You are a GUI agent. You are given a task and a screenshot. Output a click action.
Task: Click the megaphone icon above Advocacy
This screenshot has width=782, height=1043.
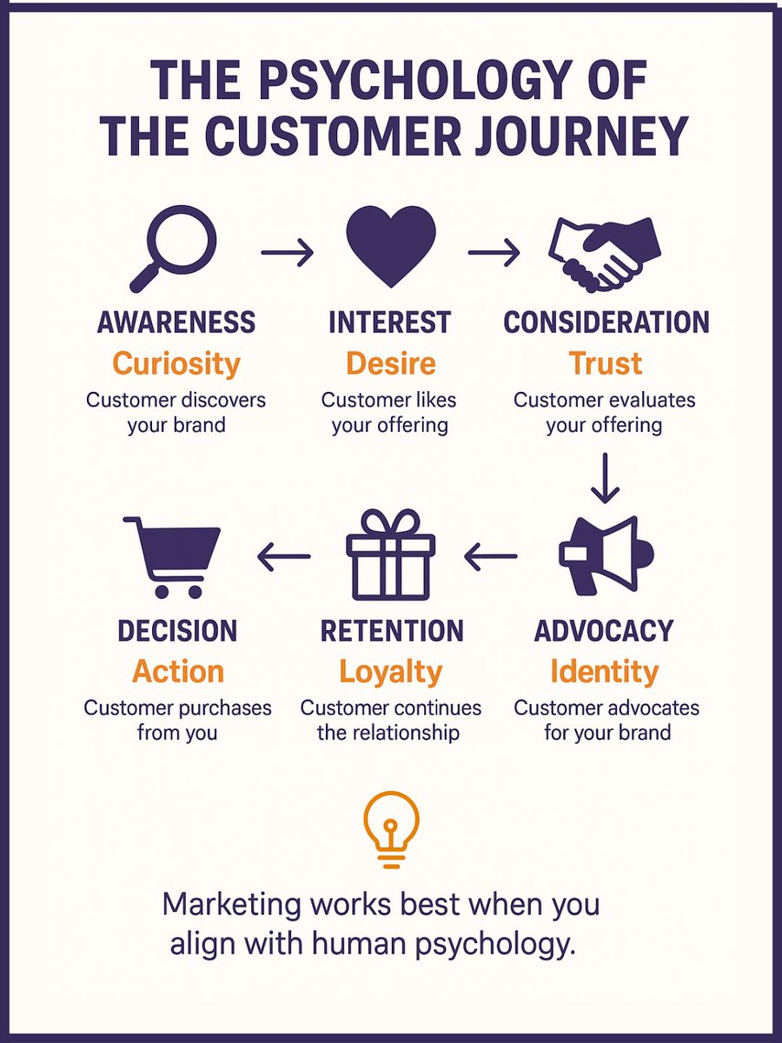(606, 554)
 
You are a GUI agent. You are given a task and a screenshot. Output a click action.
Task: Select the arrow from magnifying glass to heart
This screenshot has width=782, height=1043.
(286, 253)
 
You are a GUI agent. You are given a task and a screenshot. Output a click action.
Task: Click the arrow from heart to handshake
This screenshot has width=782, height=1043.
(494, 253)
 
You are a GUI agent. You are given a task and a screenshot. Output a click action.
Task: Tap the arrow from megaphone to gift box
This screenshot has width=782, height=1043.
(491, 557)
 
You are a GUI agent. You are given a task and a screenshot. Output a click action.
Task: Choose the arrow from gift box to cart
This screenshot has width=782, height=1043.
(284, 557)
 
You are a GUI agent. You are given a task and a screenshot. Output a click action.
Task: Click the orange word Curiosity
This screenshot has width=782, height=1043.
(176, 363)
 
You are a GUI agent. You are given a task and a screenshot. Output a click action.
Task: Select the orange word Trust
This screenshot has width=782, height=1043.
(606, 363)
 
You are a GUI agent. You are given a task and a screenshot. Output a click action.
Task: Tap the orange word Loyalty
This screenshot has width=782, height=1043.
(390, 672)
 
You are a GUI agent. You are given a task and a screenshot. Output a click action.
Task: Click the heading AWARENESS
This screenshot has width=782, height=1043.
(176, 322)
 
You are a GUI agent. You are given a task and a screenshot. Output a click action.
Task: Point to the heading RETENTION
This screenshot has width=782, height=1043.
(392, 631)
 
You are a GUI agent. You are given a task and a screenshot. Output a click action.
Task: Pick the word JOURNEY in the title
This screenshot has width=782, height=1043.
(583, 136)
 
